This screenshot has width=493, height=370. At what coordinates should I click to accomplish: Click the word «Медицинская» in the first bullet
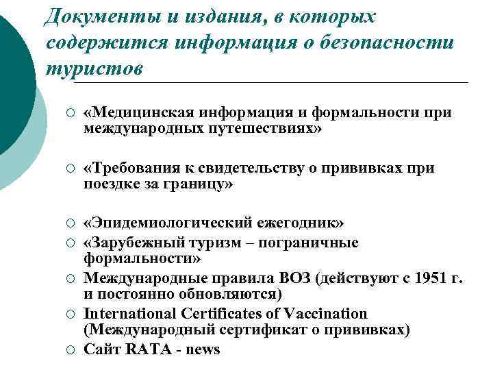[136, 112]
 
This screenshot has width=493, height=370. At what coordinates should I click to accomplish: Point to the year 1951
[417, 278]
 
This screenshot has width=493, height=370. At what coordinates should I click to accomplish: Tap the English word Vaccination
[323, 314]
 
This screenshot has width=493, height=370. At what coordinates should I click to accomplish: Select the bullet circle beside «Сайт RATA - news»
[60, 349]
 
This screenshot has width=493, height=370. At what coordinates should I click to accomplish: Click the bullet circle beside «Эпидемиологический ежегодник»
[60, 225]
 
